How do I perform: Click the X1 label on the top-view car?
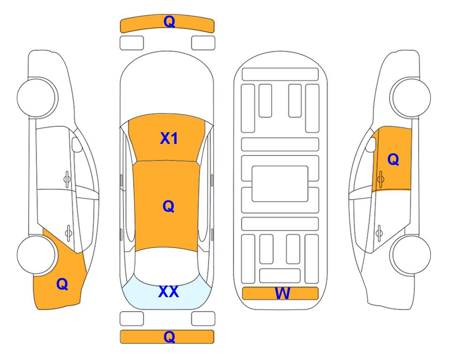point(169,138)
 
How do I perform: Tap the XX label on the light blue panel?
point(169,292)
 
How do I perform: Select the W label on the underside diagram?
point(282,293)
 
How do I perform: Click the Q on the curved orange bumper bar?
point(169,22)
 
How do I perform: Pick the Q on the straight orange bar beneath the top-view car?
point(169,337)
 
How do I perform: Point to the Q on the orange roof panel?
point(168,206)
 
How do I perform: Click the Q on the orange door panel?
point(393,159)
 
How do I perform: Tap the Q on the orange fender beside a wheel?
point(62,284)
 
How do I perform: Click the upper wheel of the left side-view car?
point(37,97)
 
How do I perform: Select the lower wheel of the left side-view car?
point(36,255)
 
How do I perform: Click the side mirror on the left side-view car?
point(76,144)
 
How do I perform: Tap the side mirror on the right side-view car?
point(371,144)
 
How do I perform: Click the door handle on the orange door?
point(380,179)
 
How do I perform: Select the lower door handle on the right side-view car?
point(379,232)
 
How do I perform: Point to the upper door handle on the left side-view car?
point(67,179)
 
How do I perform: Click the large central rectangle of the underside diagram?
point(280,184)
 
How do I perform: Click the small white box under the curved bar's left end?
point(132,43)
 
